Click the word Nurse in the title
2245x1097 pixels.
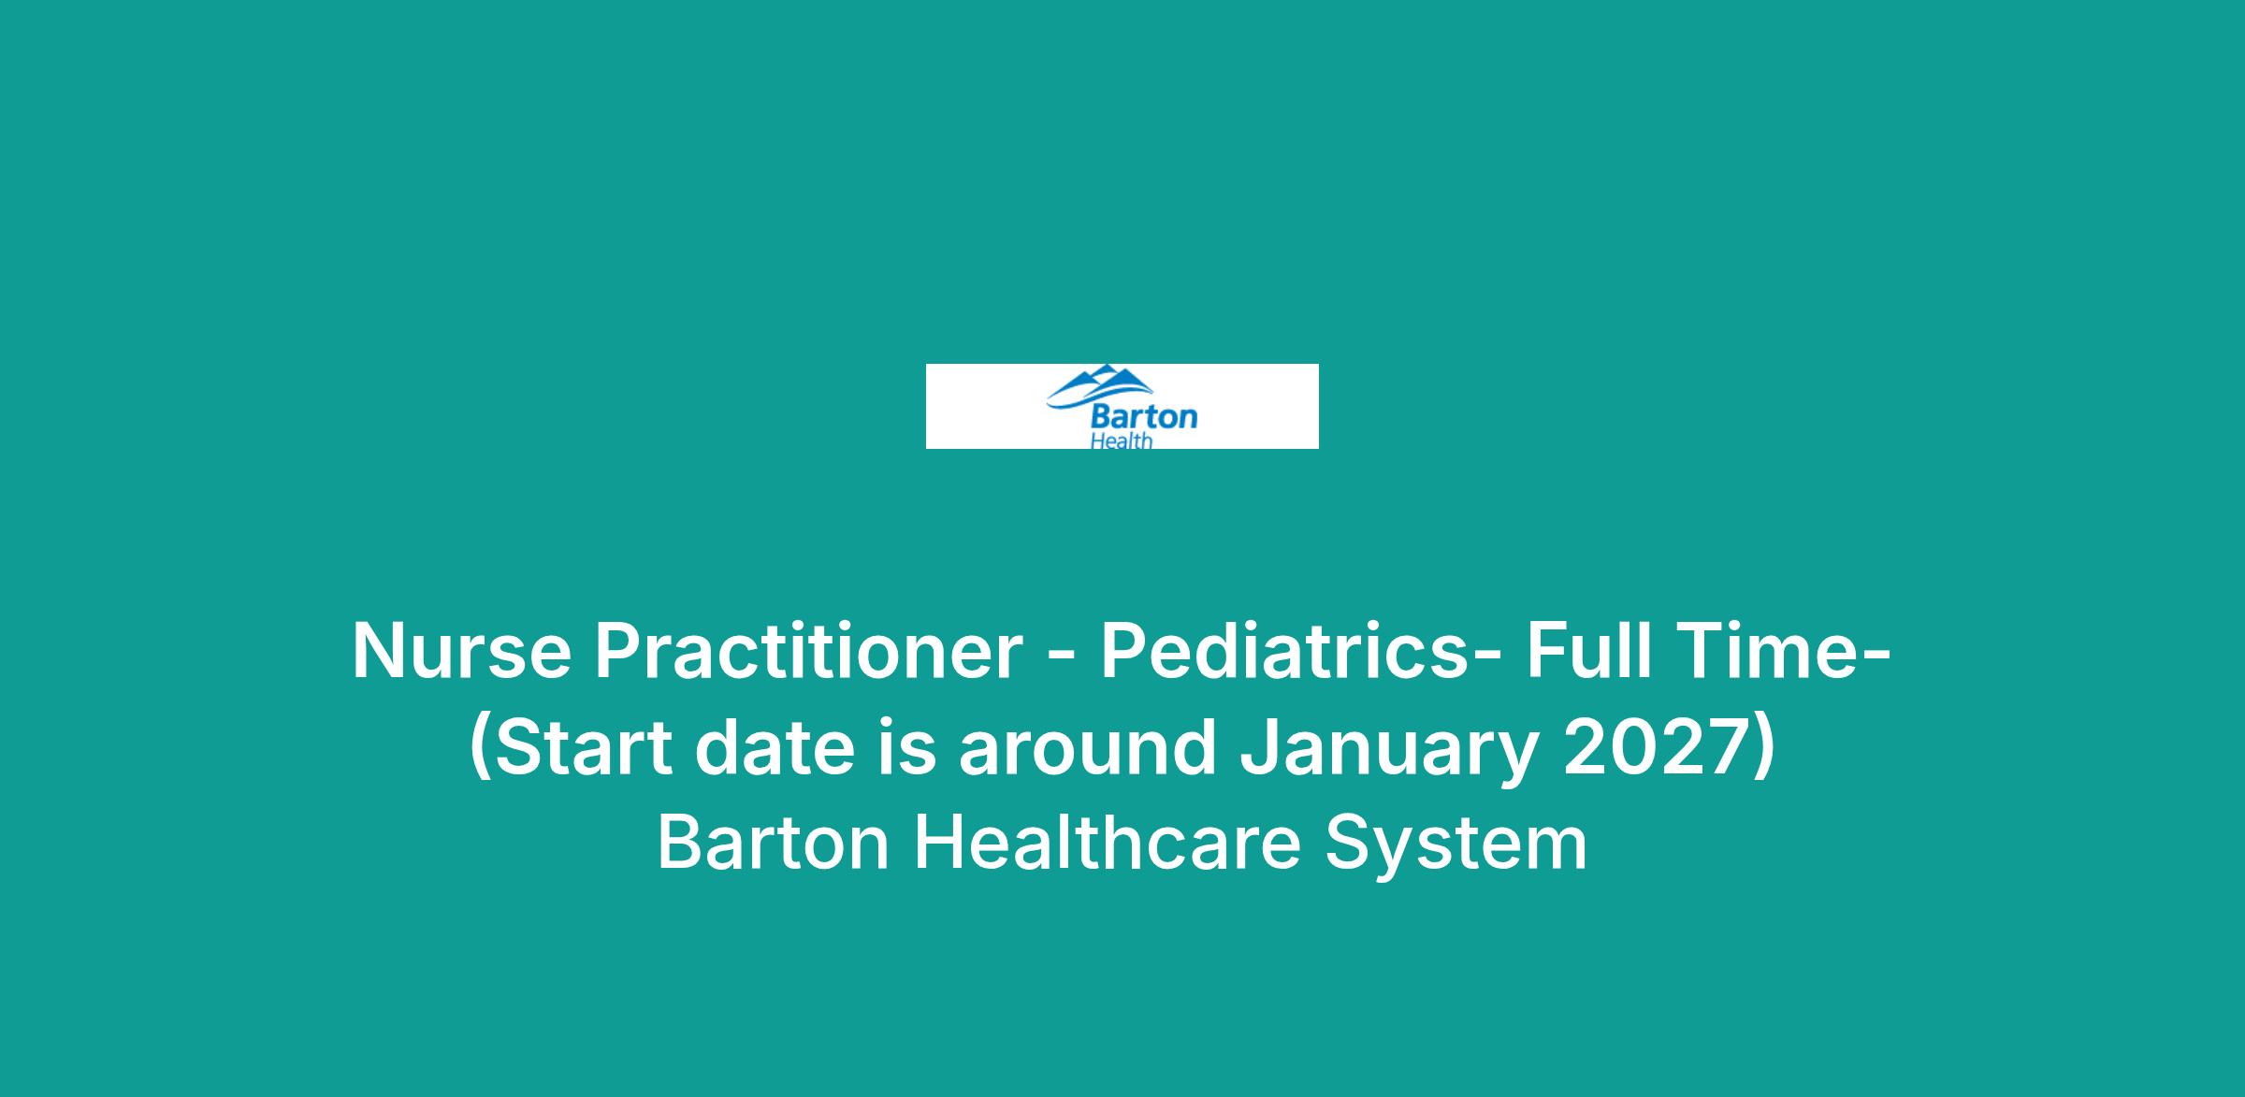[461, 651]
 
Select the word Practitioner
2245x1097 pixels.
[808, 651]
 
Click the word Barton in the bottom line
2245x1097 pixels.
[774, 844]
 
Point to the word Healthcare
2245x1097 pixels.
[1108, 844]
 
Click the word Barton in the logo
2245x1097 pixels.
[1144, 415]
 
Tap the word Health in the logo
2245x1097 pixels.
[1122, 440]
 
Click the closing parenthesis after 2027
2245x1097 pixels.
[1762, 751]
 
